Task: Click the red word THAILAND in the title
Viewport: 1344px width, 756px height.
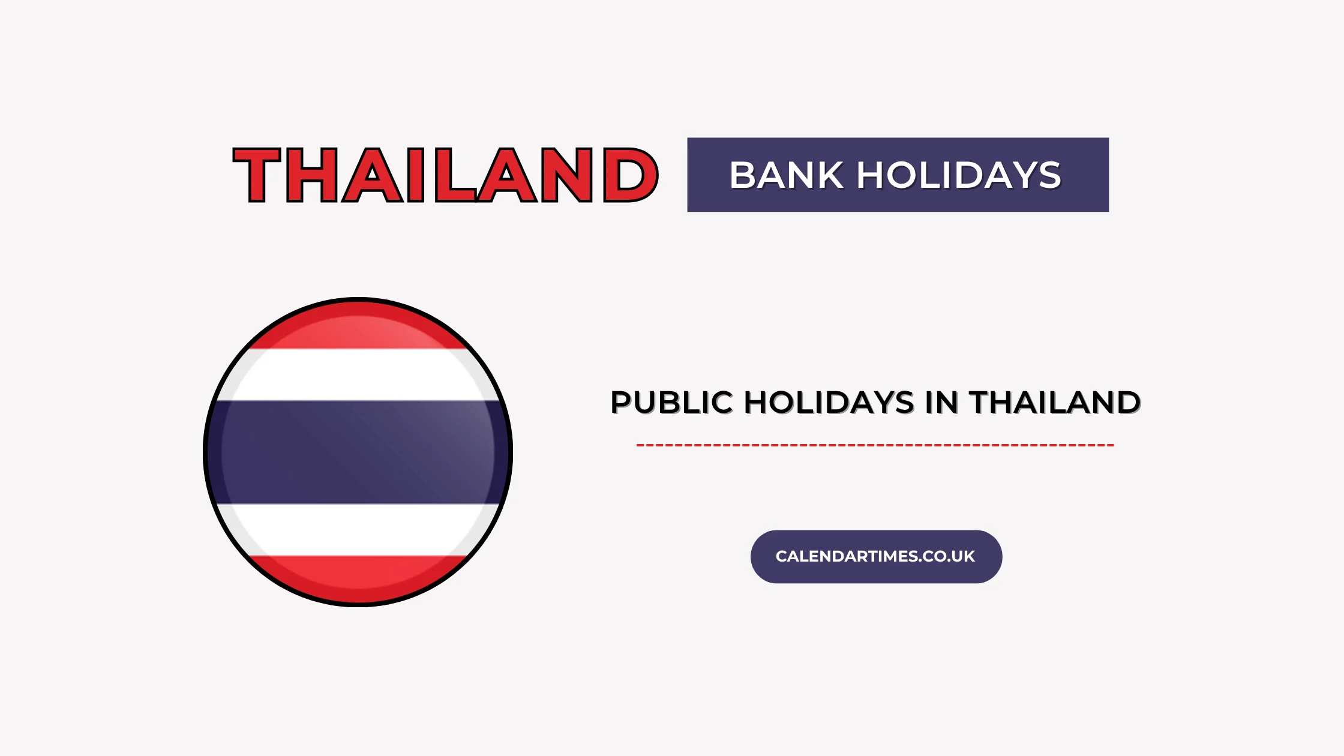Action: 445,175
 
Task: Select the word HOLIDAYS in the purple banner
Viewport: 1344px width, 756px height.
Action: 959,175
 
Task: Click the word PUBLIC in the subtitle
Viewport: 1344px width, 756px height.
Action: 671,403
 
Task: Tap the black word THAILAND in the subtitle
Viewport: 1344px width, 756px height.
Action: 1055,403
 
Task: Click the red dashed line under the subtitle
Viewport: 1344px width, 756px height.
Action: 875,445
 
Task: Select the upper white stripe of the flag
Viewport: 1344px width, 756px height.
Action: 358,374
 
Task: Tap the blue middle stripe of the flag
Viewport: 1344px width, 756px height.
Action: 358,452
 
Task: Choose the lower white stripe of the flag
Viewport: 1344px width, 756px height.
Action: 358,529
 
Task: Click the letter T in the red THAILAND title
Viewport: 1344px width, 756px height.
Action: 257,175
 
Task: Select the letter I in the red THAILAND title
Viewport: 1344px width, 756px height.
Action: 416,175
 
